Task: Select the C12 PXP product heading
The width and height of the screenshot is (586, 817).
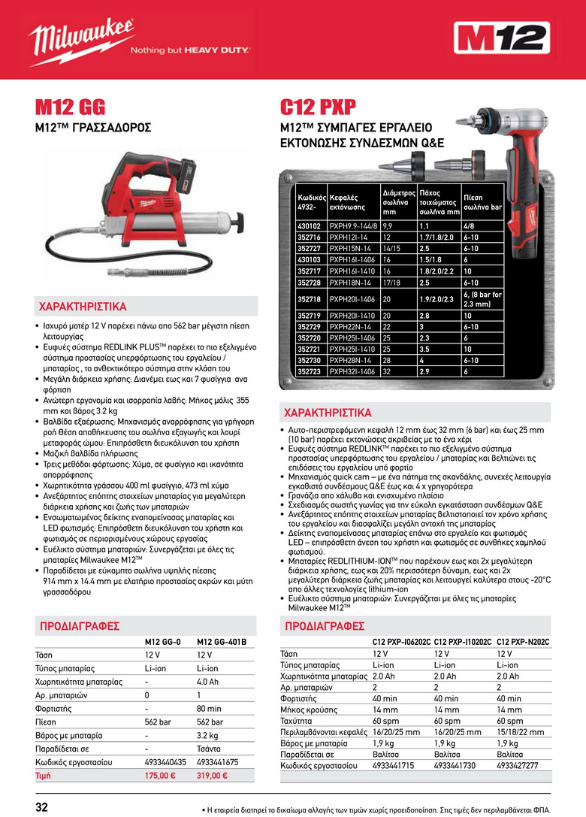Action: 318,107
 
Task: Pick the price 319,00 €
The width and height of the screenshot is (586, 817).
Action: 212,776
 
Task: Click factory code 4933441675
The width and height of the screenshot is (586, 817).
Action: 217,762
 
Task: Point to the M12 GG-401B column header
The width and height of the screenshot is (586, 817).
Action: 221,642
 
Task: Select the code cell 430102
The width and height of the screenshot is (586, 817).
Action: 310,225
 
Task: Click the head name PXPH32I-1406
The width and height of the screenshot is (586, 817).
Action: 352,371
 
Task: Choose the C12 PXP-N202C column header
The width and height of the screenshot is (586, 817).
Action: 524,641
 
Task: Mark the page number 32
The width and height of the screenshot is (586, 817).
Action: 42,807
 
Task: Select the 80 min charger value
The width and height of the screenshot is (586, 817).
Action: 209,708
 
